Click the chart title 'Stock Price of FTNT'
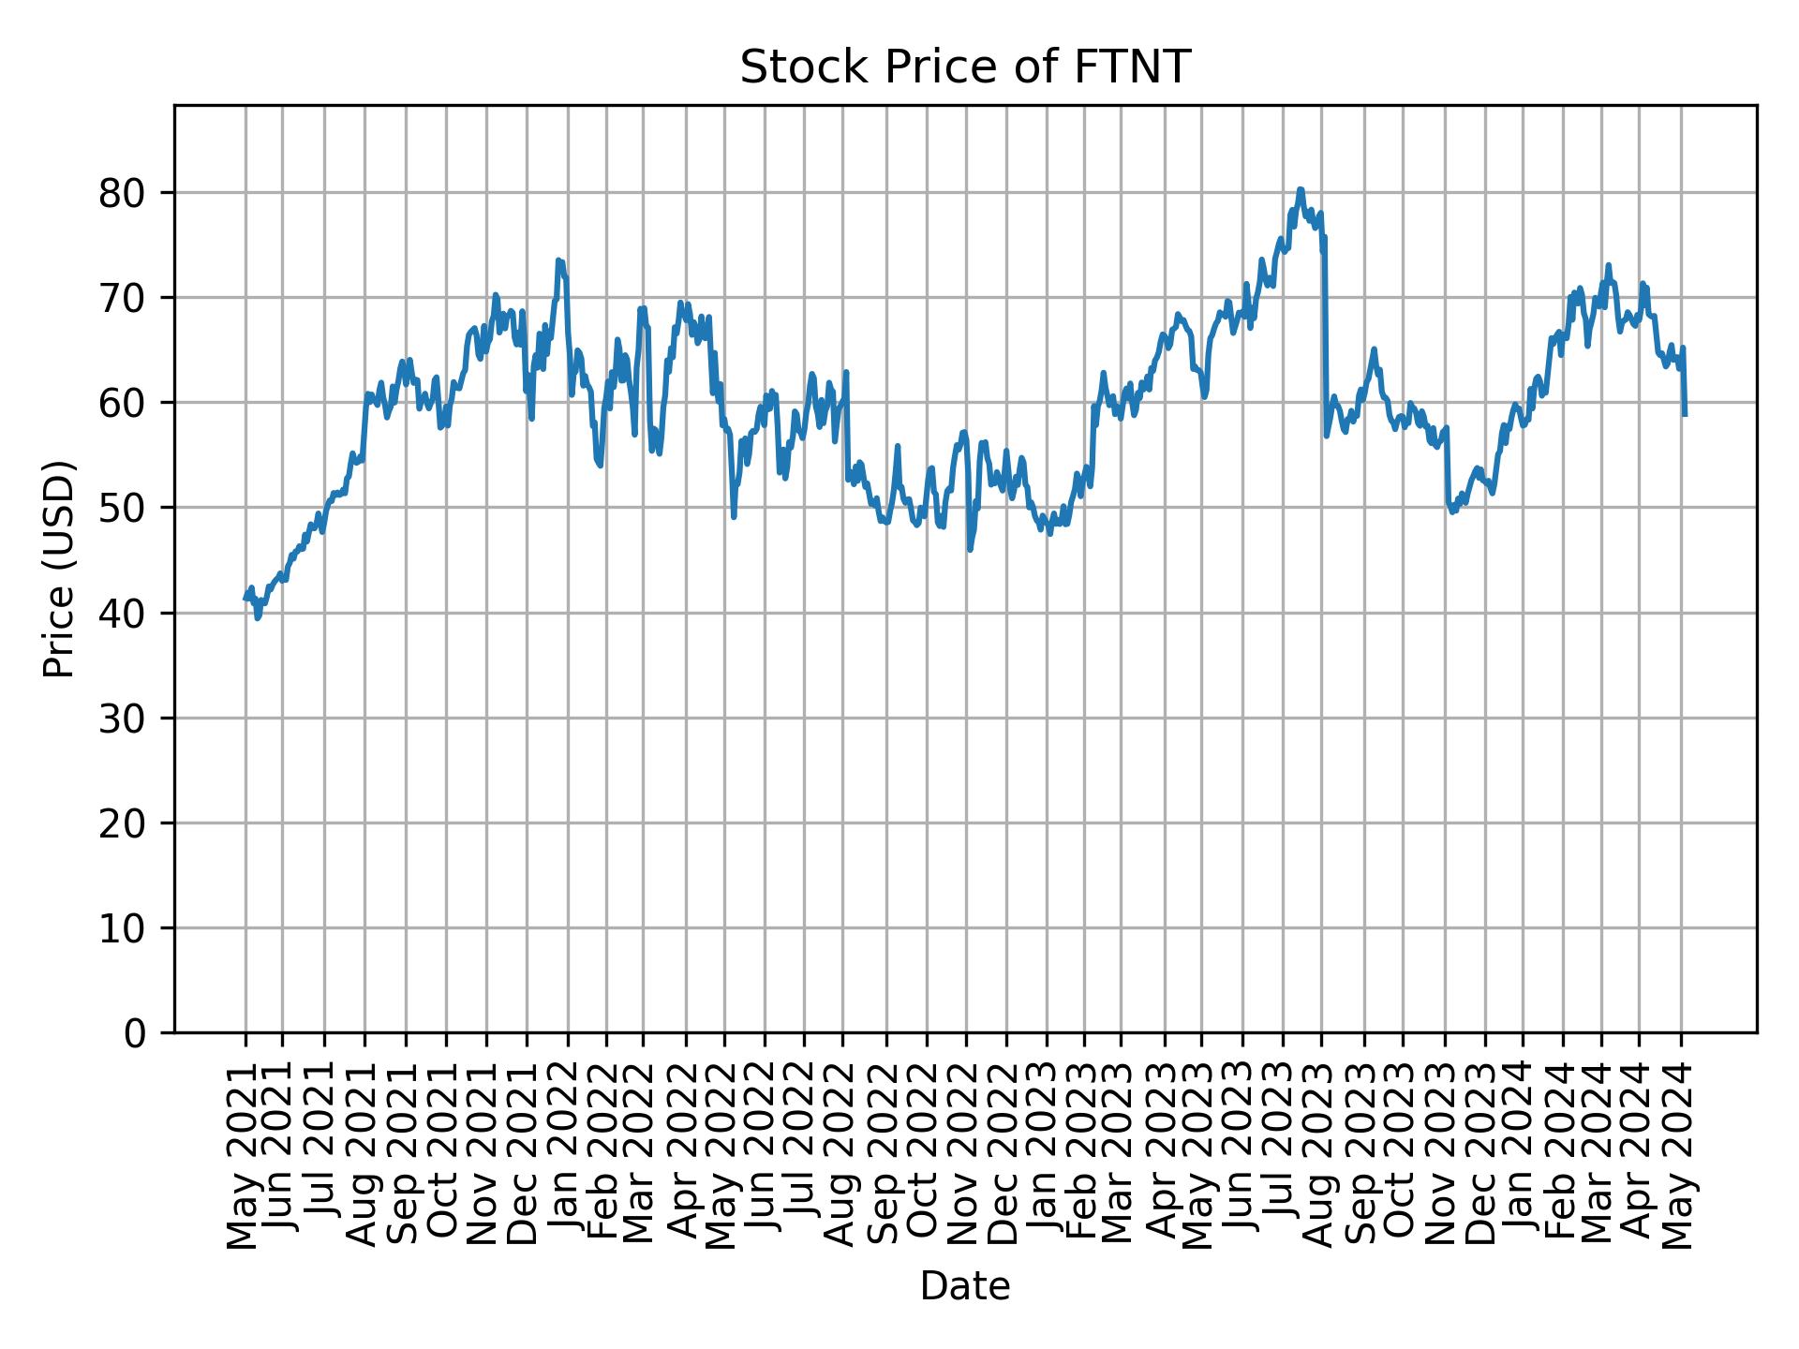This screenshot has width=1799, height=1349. tap(965, 68)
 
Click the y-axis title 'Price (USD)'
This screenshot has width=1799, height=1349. tap(59, 569)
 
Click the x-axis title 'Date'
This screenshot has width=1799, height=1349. tap(965, 1286)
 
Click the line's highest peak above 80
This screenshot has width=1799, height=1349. tap(1301, 189)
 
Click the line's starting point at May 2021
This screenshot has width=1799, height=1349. tap(245, 599)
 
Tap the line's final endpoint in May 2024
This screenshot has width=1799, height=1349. tap(1685, 415)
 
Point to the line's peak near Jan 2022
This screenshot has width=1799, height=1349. tap(558, 260)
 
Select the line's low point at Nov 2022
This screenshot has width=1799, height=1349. tap(970, 550)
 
